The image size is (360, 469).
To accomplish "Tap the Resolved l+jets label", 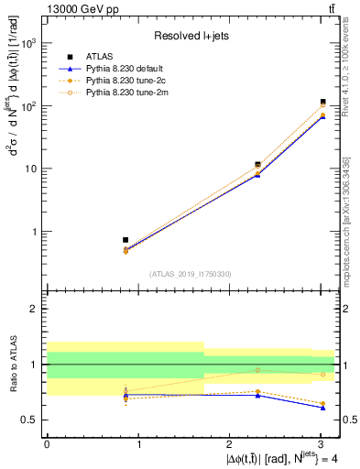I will click(x=191, y=36).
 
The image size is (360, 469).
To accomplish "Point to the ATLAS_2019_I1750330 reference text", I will click(x=191, y=274).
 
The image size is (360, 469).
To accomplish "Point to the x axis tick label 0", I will click(x=47, y=442).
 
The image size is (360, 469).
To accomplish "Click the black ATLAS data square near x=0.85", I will click(x=125, y=240).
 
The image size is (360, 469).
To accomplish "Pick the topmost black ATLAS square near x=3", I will click(x=323, y=102).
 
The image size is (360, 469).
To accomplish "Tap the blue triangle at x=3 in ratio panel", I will click(x=323, y=408).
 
